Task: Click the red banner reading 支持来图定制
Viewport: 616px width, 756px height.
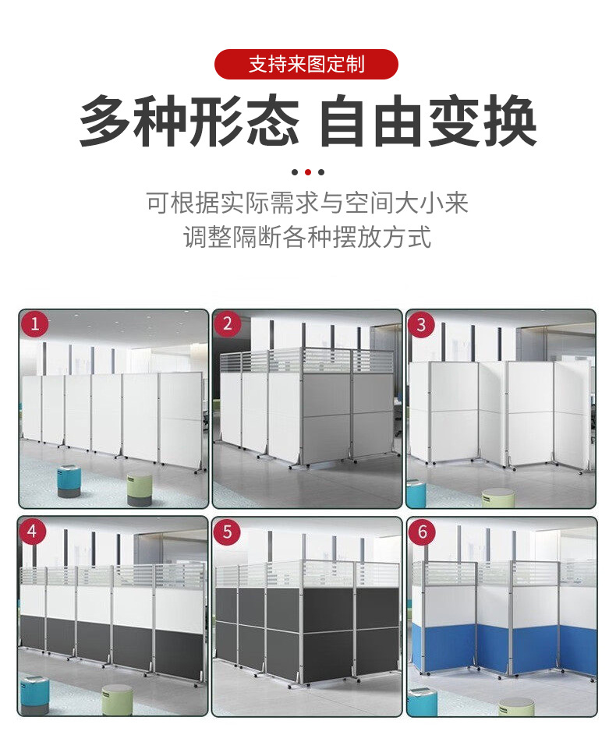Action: [306, 64]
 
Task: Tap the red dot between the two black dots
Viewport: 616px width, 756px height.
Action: [308, 172]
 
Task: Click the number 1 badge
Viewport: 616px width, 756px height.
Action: [34, 323]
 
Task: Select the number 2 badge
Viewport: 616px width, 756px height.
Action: [228, 323]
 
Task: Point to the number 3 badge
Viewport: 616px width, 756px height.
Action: [421, 324]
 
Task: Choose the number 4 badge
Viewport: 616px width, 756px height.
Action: [32, 532]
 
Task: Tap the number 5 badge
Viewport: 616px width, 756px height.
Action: [227, 532]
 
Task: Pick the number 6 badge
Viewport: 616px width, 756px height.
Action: [422, 532]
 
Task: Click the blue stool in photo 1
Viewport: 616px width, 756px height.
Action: [69, 481]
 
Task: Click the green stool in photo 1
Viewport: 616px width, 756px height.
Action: [140, 489]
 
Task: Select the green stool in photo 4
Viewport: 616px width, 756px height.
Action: [117, 700]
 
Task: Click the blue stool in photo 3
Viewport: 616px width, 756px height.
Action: [416, 493]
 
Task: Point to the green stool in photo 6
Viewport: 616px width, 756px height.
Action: [517, 707]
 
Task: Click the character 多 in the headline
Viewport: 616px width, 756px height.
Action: [105, 121]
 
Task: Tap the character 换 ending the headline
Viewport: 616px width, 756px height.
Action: [511, 121]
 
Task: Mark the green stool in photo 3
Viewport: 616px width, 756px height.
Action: [497, 497]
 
